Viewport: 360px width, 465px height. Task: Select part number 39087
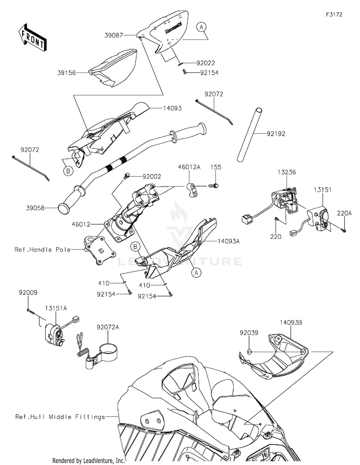[x=115, y=35]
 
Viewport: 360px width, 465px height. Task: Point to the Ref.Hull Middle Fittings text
[x=60, y=417]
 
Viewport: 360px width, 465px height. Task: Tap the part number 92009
[x=29, y=292]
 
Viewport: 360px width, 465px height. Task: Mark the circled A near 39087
[x=203, y=28]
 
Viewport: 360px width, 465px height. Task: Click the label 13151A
[x=57, y=309]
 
